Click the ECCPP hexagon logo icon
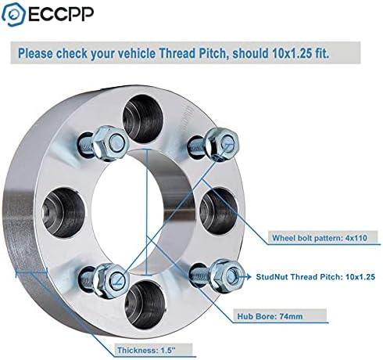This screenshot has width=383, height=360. (13, 14)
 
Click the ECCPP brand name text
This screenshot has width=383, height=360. (61, 14)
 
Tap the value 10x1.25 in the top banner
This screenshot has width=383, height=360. (292, 53)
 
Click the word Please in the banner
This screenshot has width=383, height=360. (35, 53)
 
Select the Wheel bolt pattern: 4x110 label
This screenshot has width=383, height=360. (320, 238)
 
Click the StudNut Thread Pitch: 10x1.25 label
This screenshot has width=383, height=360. (316, 276)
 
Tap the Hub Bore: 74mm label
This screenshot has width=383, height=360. (270, 316)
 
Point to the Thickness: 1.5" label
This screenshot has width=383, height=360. (145, 350)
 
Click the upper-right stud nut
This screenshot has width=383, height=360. (222, 143)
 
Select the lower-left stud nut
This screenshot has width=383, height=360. (112, 280)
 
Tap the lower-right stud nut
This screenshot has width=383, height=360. (227, 275)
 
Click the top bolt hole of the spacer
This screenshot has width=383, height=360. (143, 119)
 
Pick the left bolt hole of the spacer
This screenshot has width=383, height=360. (63, 212)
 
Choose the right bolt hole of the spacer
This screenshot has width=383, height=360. (218, 211)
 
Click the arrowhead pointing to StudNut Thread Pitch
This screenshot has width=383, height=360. (249, 276)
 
